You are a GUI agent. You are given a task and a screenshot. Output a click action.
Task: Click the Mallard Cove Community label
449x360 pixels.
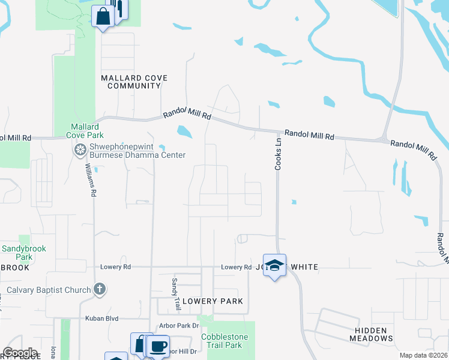click(x=134, y=82)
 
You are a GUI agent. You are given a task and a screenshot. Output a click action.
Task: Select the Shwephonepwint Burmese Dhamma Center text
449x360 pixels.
click(x=138, y=150)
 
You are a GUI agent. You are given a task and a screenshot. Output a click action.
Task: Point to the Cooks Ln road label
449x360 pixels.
click(x=278, y=155)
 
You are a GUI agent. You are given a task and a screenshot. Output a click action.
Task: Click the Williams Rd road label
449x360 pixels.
click(x=90, y=180)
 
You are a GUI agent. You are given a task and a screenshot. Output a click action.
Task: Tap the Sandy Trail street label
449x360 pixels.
click(x=176, y=293)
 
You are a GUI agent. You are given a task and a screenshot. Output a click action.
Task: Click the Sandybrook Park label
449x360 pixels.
click(x=24, y=253)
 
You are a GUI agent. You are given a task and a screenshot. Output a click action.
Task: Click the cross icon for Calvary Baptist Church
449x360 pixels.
click(x=100, y=290)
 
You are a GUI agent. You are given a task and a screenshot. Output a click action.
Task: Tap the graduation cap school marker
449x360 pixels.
click(x=274, y=265)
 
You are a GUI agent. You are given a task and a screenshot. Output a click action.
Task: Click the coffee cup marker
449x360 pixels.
click(x=158, y=346)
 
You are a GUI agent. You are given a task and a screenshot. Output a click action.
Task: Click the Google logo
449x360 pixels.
click(x=20, y=353)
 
